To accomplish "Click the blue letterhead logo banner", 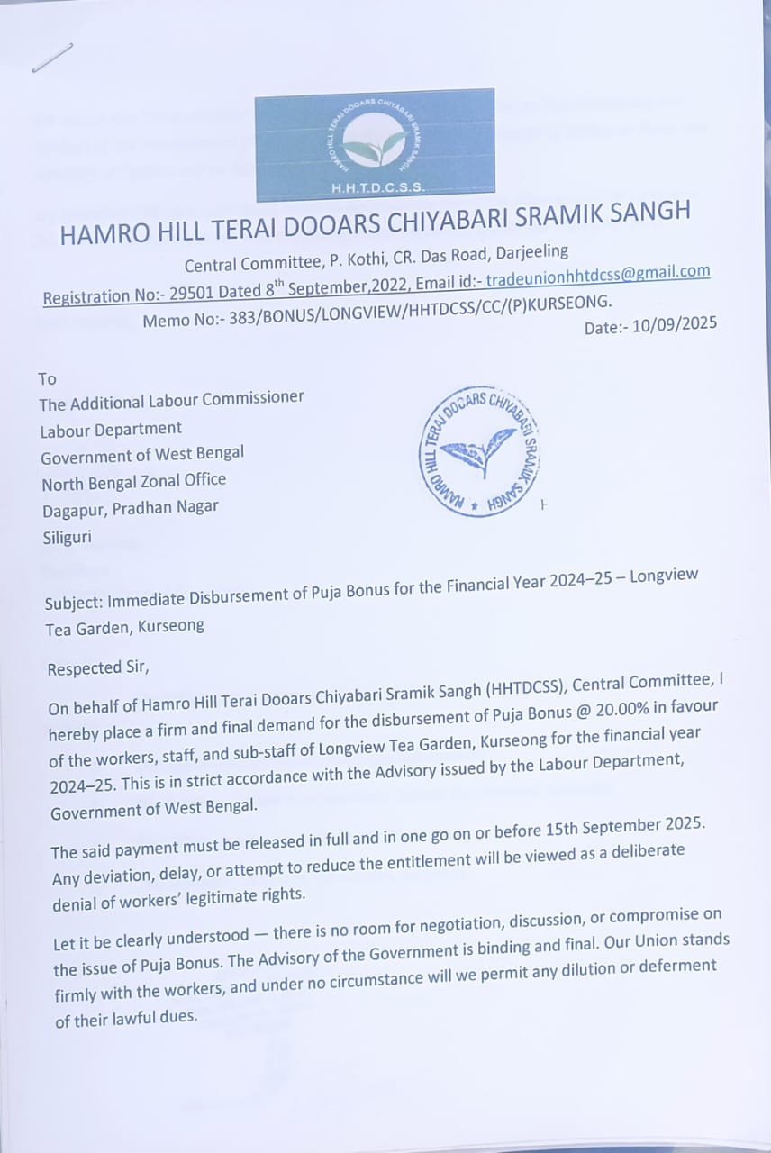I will (x=374, y=144).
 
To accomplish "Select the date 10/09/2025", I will (x=675, y=325).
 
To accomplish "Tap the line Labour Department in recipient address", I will (x=111, y=430).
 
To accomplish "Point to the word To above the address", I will (x=47, y=379).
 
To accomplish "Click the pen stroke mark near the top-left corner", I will (x=52, y=58).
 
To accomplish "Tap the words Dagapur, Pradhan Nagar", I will (x=130, y=508).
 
